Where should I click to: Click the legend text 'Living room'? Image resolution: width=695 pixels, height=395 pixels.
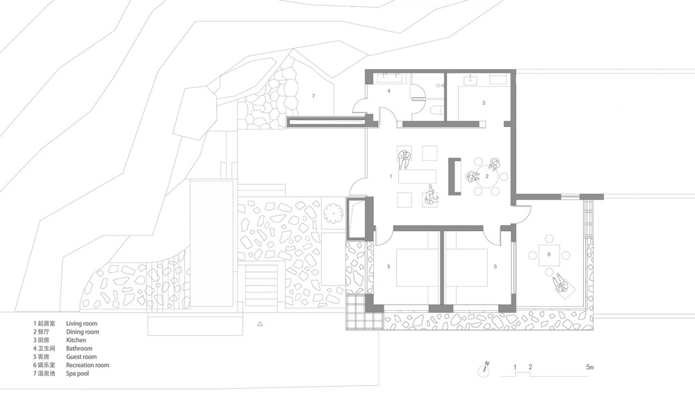tap(81, 323)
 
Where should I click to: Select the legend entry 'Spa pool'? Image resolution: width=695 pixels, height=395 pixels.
tap(78, 373)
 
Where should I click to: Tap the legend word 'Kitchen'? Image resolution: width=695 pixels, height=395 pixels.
tap(76, 340)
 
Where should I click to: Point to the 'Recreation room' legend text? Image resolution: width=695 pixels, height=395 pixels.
tap(88, 365)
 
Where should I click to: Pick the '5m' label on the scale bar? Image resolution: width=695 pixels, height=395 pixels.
tap(589, 367)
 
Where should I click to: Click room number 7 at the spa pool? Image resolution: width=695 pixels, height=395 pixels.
tap(313, 96)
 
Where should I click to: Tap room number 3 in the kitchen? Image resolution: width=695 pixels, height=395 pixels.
tap(484, 103)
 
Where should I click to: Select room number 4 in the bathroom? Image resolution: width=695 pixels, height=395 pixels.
tap(389, 91)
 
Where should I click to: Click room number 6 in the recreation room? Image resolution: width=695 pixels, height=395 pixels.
tap(549, 254)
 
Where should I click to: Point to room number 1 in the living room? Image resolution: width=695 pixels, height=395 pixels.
tap(391, 176)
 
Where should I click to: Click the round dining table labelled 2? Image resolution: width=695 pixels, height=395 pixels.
tap(486, 176)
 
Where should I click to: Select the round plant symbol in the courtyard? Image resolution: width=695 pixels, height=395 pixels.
tap(333, 214)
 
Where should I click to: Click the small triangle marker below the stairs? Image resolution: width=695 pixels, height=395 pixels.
tap(260, 324)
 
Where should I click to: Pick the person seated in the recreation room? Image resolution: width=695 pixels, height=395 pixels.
tap(561, 283)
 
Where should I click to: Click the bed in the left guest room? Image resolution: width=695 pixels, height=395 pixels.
tap(417, 267)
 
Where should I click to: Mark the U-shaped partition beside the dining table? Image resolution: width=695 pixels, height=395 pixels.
tap(455, 176)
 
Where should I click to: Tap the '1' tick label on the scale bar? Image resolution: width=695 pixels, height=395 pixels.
tap(515, 367)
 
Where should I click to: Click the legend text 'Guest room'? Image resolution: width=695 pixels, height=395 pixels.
tap(81, 357)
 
